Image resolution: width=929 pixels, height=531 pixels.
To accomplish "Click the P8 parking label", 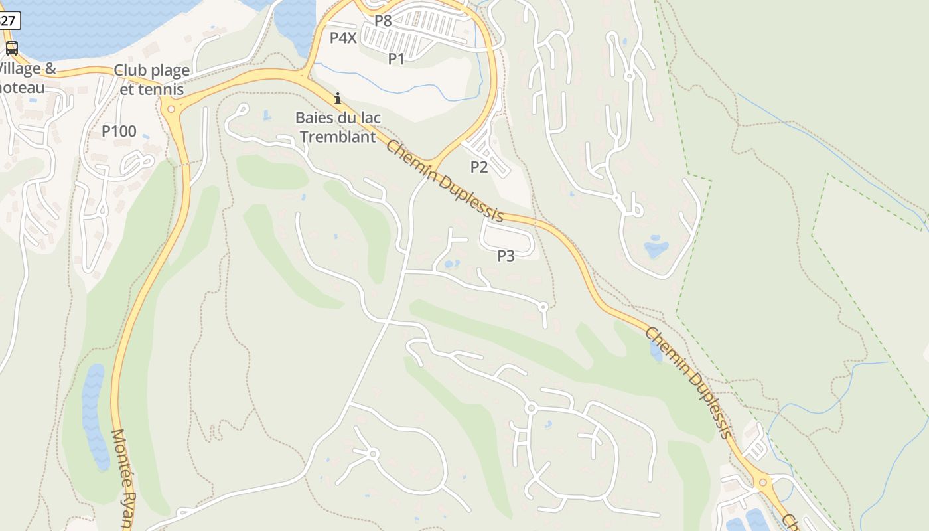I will tap(383, 21).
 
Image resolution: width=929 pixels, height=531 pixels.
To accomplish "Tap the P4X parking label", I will tap(343, 38).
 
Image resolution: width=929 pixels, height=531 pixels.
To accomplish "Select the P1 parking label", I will tap(396, 59).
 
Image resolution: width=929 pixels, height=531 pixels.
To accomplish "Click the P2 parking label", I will tap(479, 167).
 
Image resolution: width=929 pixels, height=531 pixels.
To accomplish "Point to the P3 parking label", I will tap(506, 256).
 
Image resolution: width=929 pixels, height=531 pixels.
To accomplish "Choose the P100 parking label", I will tap(119, 131).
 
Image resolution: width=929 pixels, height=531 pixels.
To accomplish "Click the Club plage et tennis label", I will tap(152, 79).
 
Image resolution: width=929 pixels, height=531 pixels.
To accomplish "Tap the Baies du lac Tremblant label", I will tap(338, 127).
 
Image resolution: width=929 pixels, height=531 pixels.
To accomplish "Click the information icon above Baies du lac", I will tap(338, 99).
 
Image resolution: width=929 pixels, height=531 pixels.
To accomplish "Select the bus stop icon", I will tap(11, 48).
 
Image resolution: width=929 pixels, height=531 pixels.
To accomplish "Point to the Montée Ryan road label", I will tap(123, 478).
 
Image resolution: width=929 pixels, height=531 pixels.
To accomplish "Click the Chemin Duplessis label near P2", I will tap(444, 181).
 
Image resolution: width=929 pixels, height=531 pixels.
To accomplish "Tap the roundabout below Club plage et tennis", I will tap(171, 109).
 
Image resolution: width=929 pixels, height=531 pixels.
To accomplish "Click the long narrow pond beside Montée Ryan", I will tap(94, 415).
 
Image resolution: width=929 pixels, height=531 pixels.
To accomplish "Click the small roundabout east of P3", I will tap(543, 307).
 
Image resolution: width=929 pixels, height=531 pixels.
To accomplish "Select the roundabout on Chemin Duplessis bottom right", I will tap(763, 482).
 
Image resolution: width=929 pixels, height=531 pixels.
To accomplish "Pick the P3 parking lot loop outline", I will tap(508, 237).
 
